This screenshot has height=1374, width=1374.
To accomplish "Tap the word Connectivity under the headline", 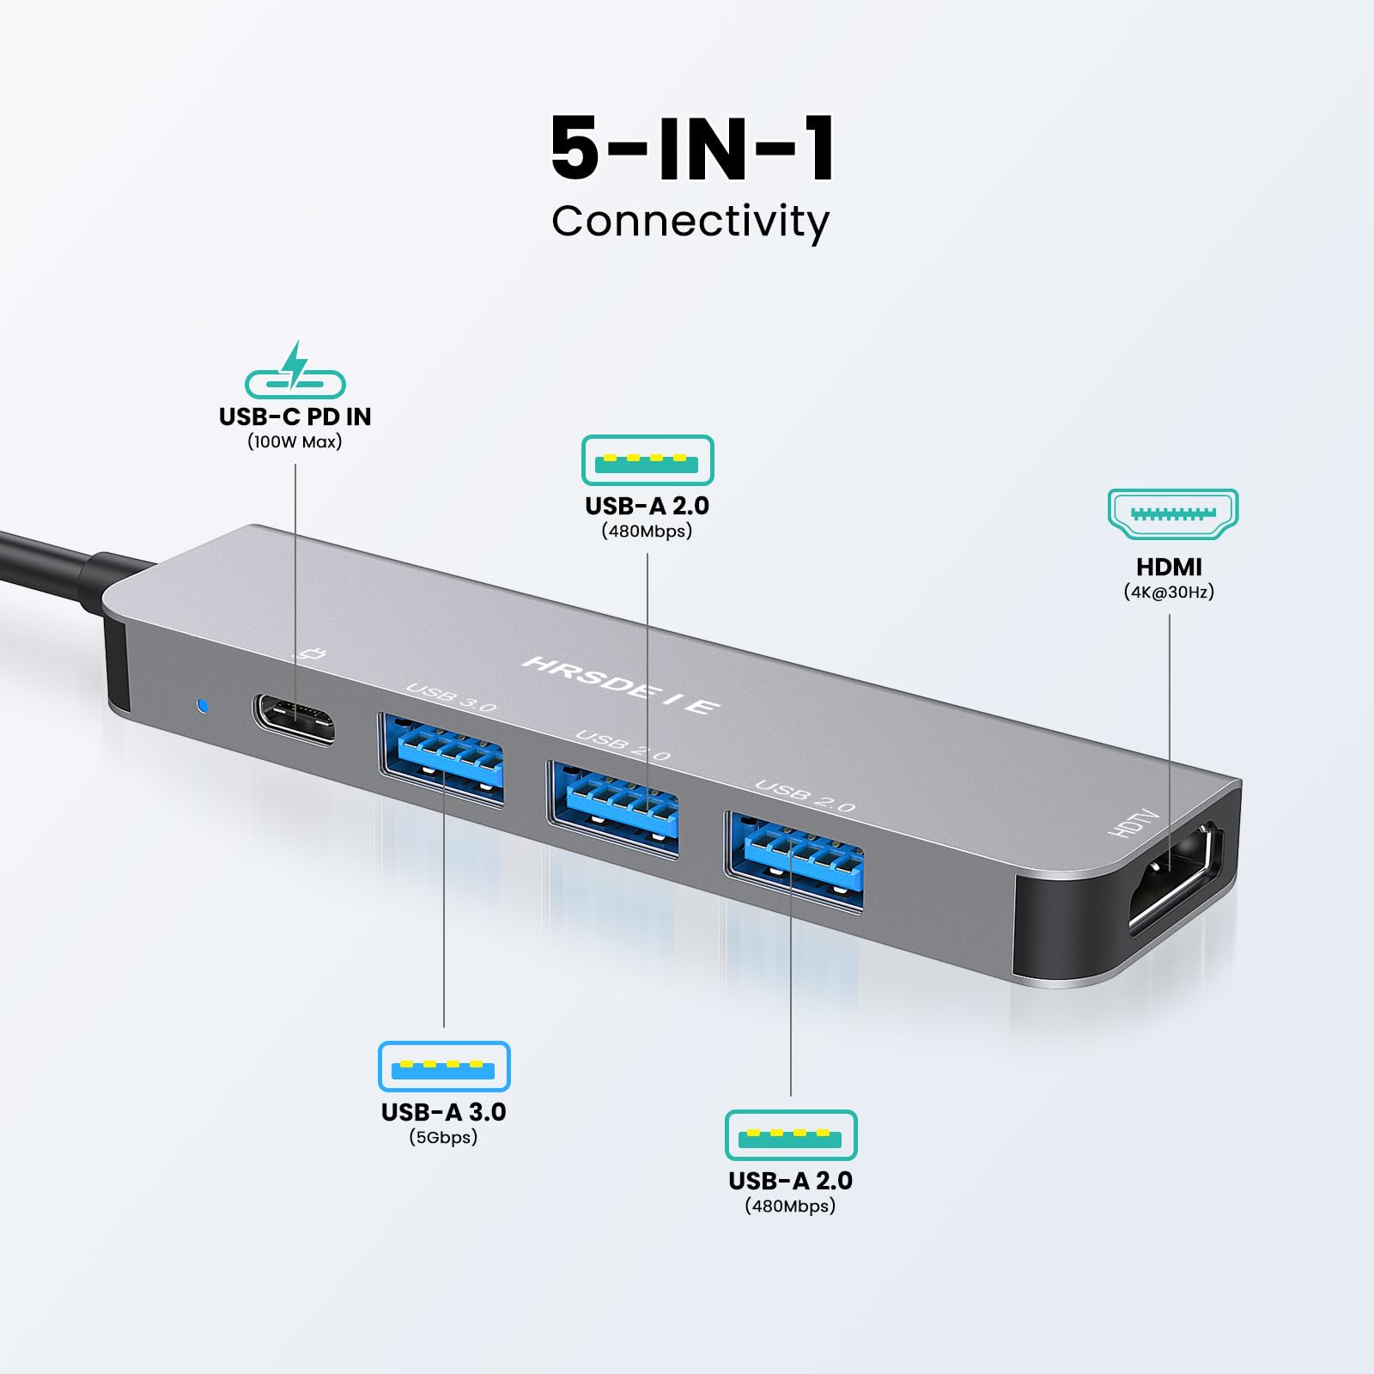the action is coord(690,222).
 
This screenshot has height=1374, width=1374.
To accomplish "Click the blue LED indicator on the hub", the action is coord(202,706).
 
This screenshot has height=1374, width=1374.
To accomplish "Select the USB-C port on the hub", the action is coord(293,720).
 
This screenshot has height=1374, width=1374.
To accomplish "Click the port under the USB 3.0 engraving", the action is coord(441,759).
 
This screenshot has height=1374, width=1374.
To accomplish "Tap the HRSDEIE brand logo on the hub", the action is coord(621,684).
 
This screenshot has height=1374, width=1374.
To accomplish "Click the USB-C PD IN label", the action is coord(295,416).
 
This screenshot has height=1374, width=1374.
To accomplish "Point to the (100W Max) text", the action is coord(295,441).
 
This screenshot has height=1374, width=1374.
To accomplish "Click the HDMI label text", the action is coord(1169,567).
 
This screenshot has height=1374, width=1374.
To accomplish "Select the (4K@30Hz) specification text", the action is coord(1169,592).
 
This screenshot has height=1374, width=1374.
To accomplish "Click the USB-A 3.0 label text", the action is coord(444,1112).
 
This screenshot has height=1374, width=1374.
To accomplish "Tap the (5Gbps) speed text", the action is coord(443,1137).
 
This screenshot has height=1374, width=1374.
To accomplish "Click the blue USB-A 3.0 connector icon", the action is coord(444,1067).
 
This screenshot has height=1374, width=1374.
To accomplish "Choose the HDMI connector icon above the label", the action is coord(1173,514).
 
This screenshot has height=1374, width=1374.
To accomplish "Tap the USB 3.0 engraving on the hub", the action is coord(451,697).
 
